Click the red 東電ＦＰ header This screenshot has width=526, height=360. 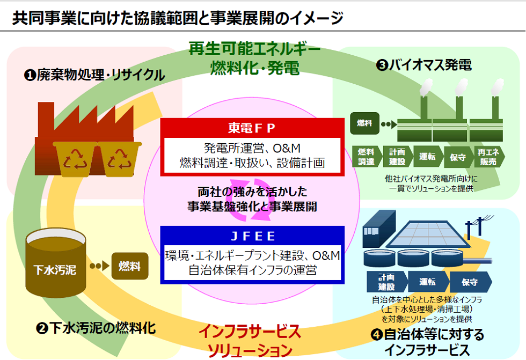point(252,128)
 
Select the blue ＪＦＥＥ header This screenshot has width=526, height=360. point(252,236)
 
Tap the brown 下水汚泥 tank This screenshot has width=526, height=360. point(56,263)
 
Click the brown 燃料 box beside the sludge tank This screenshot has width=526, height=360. point(130,266)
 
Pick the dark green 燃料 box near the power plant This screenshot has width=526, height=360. point(364,123)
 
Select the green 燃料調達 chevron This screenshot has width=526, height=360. point(367,157)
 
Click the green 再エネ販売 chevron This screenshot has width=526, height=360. point(489,157)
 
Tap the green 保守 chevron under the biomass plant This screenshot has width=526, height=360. point(458,157)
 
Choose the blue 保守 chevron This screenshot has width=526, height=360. point(470,282)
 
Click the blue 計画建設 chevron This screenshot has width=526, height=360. point(387,282)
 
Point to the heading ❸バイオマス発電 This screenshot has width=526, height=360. point(423,65)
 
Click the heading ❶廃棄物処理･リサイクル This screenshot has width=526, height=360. point(94,75)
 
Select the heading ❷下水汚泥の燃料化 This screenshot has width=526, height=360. point(96,328)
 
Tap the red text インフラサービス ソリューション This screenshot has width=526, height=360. point(250,341)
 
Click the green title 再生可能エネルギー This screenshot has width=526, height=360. point(254,49)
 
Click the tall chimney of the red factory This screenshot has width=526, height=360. point(46,120)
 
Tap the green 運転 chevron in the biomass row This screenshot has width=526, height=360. point(428,157)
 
